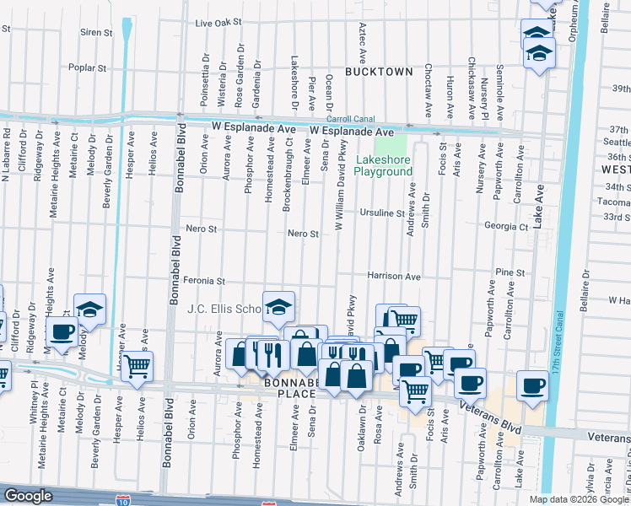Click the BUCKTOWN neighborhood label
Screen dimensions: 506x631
click(378, 72)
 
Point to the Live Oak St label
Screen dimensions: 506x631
click(218, 24)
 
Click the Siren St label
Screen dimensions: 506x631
click(95, 33)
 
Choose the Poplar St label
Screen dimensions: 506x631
click(89, 67)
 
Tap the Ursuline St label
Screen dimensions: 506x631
click(381, 213)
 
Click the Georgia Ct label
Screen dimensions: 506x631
click(506, 226)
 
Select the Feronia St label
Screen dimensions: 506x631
click(207, 281)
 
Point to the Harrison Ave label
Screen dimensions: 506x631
click(393, 276)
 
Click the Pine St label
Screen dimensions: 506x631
click(510, 273)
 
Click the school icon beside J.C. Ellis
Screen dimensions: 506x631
click(278, 306)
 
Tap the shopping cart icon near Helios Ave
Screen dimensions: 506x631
click(138, 366)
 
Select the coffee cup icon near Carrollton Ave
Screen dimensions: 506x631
click(531, 385)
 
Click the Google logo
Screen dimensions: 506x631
click(29, 496)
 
